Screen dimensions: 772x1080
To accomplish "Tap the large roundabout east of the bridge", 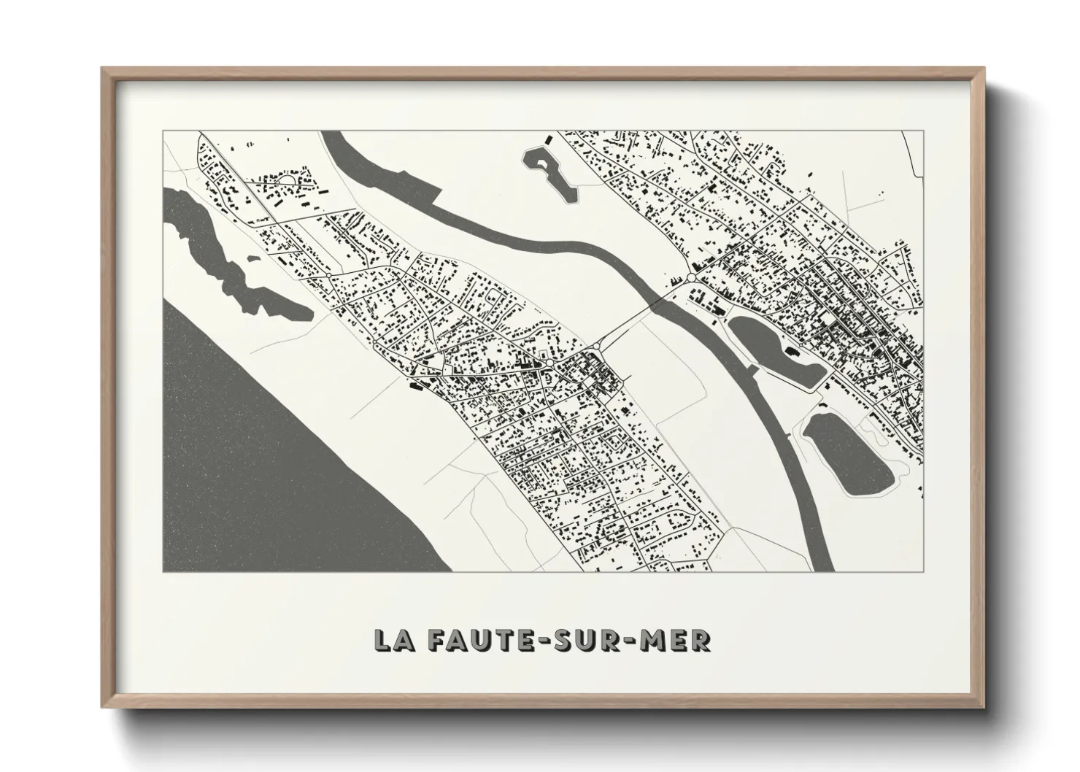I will pos(690,277).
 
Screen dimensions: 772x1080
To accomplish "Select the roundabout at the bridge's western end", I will pos(597,345).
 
